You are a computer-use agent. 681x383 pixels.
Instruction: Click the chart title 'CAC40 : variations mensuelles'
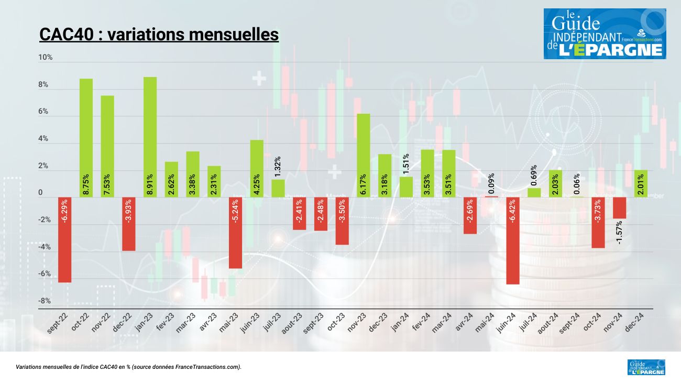coord(159,35)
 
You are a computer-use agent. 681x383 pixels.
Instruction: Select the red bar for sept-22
coord(65,240)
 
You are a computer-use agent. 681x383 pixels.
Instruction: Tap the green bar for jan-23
coord(150,137)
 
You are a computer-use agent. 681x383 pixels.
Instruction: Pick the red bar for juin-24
coord(512,241)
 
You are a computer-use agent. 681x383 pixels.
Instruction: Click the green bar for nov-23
coord(364,156)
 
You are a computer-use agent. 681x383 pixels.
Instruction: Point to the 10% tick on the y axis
coord(46,57)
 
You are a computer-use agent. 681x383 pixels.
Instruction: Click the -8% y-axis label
coord(45,301)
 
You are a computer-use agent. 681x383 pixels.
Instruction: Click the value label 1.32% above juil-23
coord(278,167)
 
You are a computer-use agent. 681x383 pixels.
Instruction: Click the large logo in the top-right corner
coord(605,34)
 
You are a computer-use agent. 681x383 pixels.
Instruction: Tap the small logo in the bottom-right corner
coord(646,367)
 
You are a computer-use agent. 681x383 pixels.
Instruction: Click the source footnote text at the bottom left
coord(129,367)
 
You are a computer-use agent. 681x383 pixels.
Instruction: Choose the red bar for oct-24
coord(598,223)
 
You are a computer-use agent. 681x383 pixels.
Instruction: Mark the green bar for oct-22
coord(86,138)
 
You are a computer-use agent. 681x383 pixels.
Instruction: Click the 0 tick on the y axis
coord(40,193)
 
